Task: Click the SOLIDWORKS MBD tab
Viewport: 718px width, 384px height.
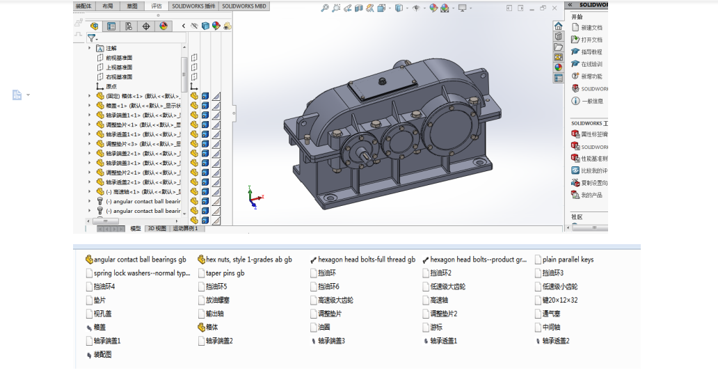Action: tap(244, 6)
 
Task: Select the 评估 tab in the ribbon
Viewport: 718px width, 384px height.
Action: tap(157, 6)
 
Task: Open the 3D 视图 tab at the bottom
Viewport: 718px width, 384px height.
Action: tap(157, 228)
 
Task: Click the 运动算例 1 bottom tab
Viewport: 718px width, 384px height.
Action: tap(185, 228)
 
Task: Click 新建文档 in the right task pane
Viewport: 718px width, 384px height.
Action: tap(591, 28)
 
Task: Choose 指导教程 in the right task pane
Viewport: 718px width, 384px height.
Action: tap(591, 52)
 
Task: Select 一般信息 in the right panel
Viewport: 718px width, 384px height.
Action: tap(591, 101)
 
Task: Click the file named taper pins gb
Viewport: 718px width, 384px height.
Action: tap(225, 273)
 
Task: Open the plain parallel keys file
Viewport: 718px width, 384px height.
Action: tap(568, 260)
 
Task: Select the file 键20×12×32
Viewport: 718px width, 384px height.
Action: tap(559, 301)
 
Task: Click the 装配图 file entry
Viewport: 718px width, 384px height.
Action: tap(102, 354)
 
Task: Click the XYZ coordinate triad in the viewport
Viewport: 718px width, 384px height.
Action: tap(255, 198)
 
